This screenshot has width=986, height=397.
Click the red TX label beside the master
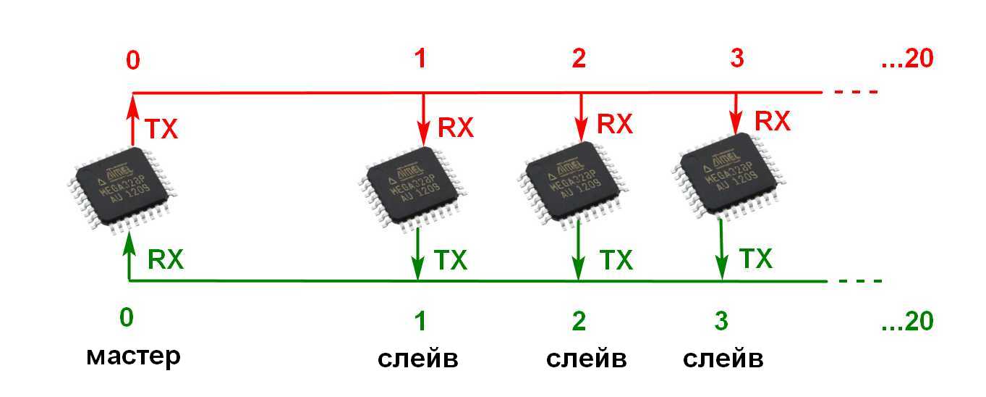click(x=161, y=130)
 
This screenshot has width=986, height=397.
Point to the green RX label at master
click(x=166, y=259)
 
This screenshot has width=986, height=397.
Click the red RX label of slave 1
click(x=456, y=128)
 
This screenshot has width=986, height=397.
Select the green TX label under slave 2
click(x=615, y=259)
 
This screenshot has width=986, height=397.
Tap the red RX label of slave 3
click(x=773, y=121)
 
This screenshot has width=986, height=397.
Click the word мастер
click(x=133, y=357)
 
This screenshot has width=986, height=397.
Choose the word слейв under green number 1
click(x=418, y=359)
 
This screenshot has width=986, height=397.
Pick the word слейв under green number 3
click(x=723, y=359)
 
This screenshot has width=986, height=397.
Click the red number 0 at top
click(x=133, y=61)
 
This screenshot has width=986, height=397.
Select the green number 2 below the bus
click(x=579, y=321)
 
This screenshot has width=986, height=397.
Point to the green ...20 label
click(x=908, y=321)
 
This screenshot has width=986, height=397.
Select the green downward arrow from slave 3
click(x=722, y=250)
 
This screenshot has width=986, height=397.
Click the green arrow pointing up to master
click(x=129, y=257)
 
